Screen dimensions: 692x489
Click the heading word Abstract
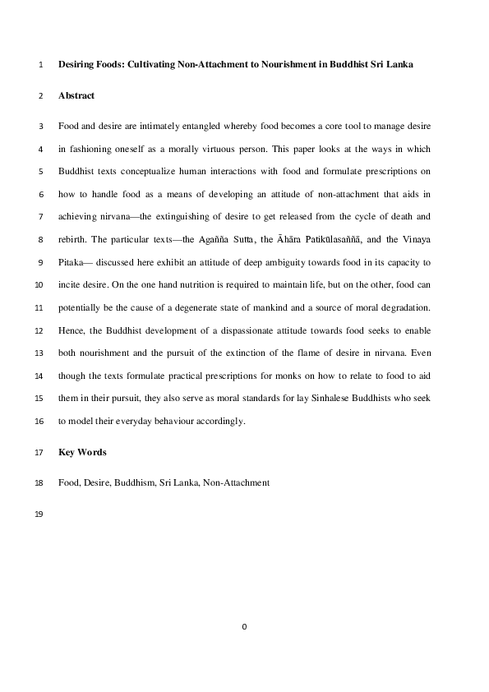tap(76, 96)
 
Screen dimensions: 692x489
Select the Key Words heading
tap(82, 453)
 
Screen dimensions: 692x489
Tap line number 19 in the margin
tap(40, 515)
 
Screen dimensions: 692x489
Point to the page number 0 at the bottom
tap(244, 627)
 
